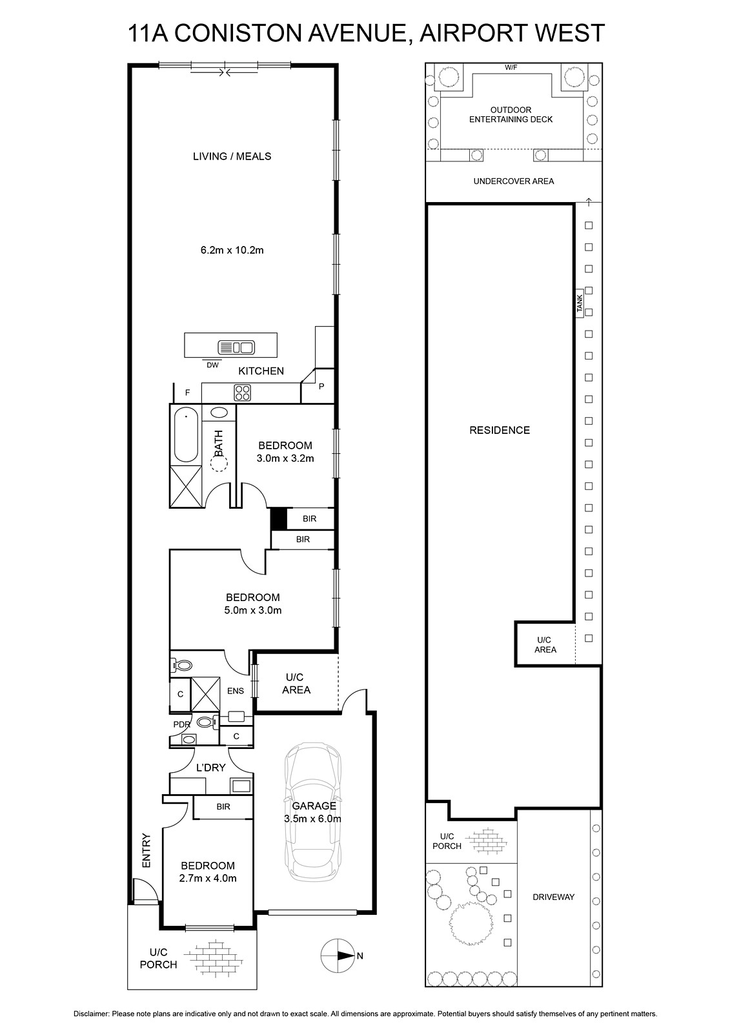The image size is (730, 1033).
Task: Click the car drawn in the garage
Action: click(313, 815)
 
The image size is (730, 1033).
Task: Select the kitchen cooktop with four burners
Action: click(243, 393)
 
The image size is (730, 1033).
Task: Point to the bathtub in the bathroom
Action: click(186, 435)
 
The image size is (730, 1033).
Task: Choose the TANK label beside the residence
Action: click(580, 303)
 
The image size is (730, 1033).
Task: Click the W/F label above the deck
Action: click(511, 68)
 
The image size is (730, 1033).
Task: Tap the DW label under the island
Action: click(212, 365)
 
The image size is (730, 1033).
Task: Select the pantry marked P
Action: click(321, 386)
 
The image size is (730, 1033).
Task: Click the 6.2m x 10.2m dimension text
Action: click(232, 251)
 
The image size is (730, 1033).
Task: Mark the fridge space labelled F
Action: click(187, 393)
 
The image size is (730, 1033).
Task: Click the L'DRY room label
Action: click(211, 768)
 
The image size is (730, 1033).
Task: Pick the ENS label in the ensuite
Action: click(235, 691)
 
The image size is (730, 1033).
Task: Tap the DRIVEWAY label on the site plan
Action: click(553, 897)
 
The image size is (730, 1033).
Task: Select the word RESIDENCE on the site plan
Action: click(500, 430)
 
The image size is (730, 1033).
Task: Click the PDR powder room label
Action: click(181, 724)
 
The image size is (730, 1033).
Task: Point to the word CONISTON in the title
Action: click(229, 33)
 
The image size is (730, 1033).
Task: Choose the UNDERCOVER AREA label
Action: click(514, 181)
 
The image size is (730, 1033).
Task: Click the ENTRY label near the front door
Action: click(147, 850)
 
